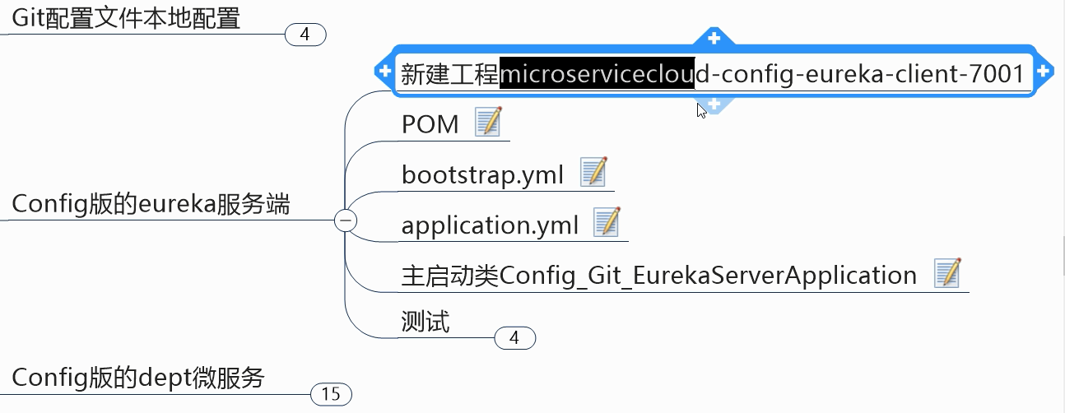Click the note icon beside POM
tap(488, 123)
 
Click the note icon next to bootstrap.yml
tap(593, 172)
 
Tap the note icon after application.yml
tap(607, 222)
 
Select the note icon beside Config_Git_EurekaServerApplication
tap(947, 273)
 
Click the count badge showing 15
tap(331, 394)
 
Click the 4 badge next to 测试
tap(514, 337)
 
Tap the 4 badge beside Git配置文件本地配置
tap(305, 35)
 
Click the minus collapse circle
tap(346, 220)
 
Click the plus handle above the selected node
tap(714, 37)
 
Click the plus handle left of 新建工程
tap(384, 71)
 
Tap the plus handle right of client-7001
tap(1044, 71)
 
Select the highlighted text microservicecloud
tap(598, 74)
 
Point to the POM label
tap(430, 124)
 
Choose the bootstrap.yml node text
tap(482, 174)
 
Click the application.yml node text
tap(490, 225)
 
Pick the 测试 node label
tap(426, 322)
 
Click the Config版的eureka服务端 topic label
tap(151, 204)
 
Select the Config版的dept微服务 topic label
tap(138, 378)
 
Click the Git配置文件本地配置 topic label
tap(126, 18)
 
